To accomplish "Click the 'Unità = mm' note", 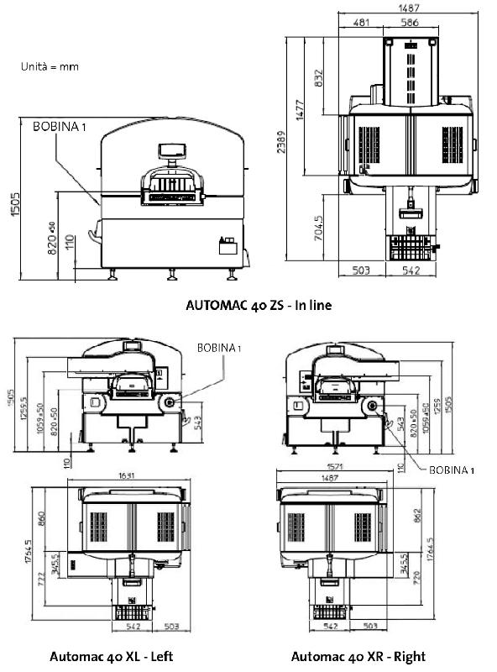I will [50, 66].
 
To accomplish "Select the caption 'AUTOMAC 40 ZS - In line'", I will [259, 306].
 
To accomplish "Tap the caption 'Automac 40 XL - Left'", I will [112, 656].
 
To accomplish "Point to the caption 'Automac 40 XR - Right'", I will [358, 656].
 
